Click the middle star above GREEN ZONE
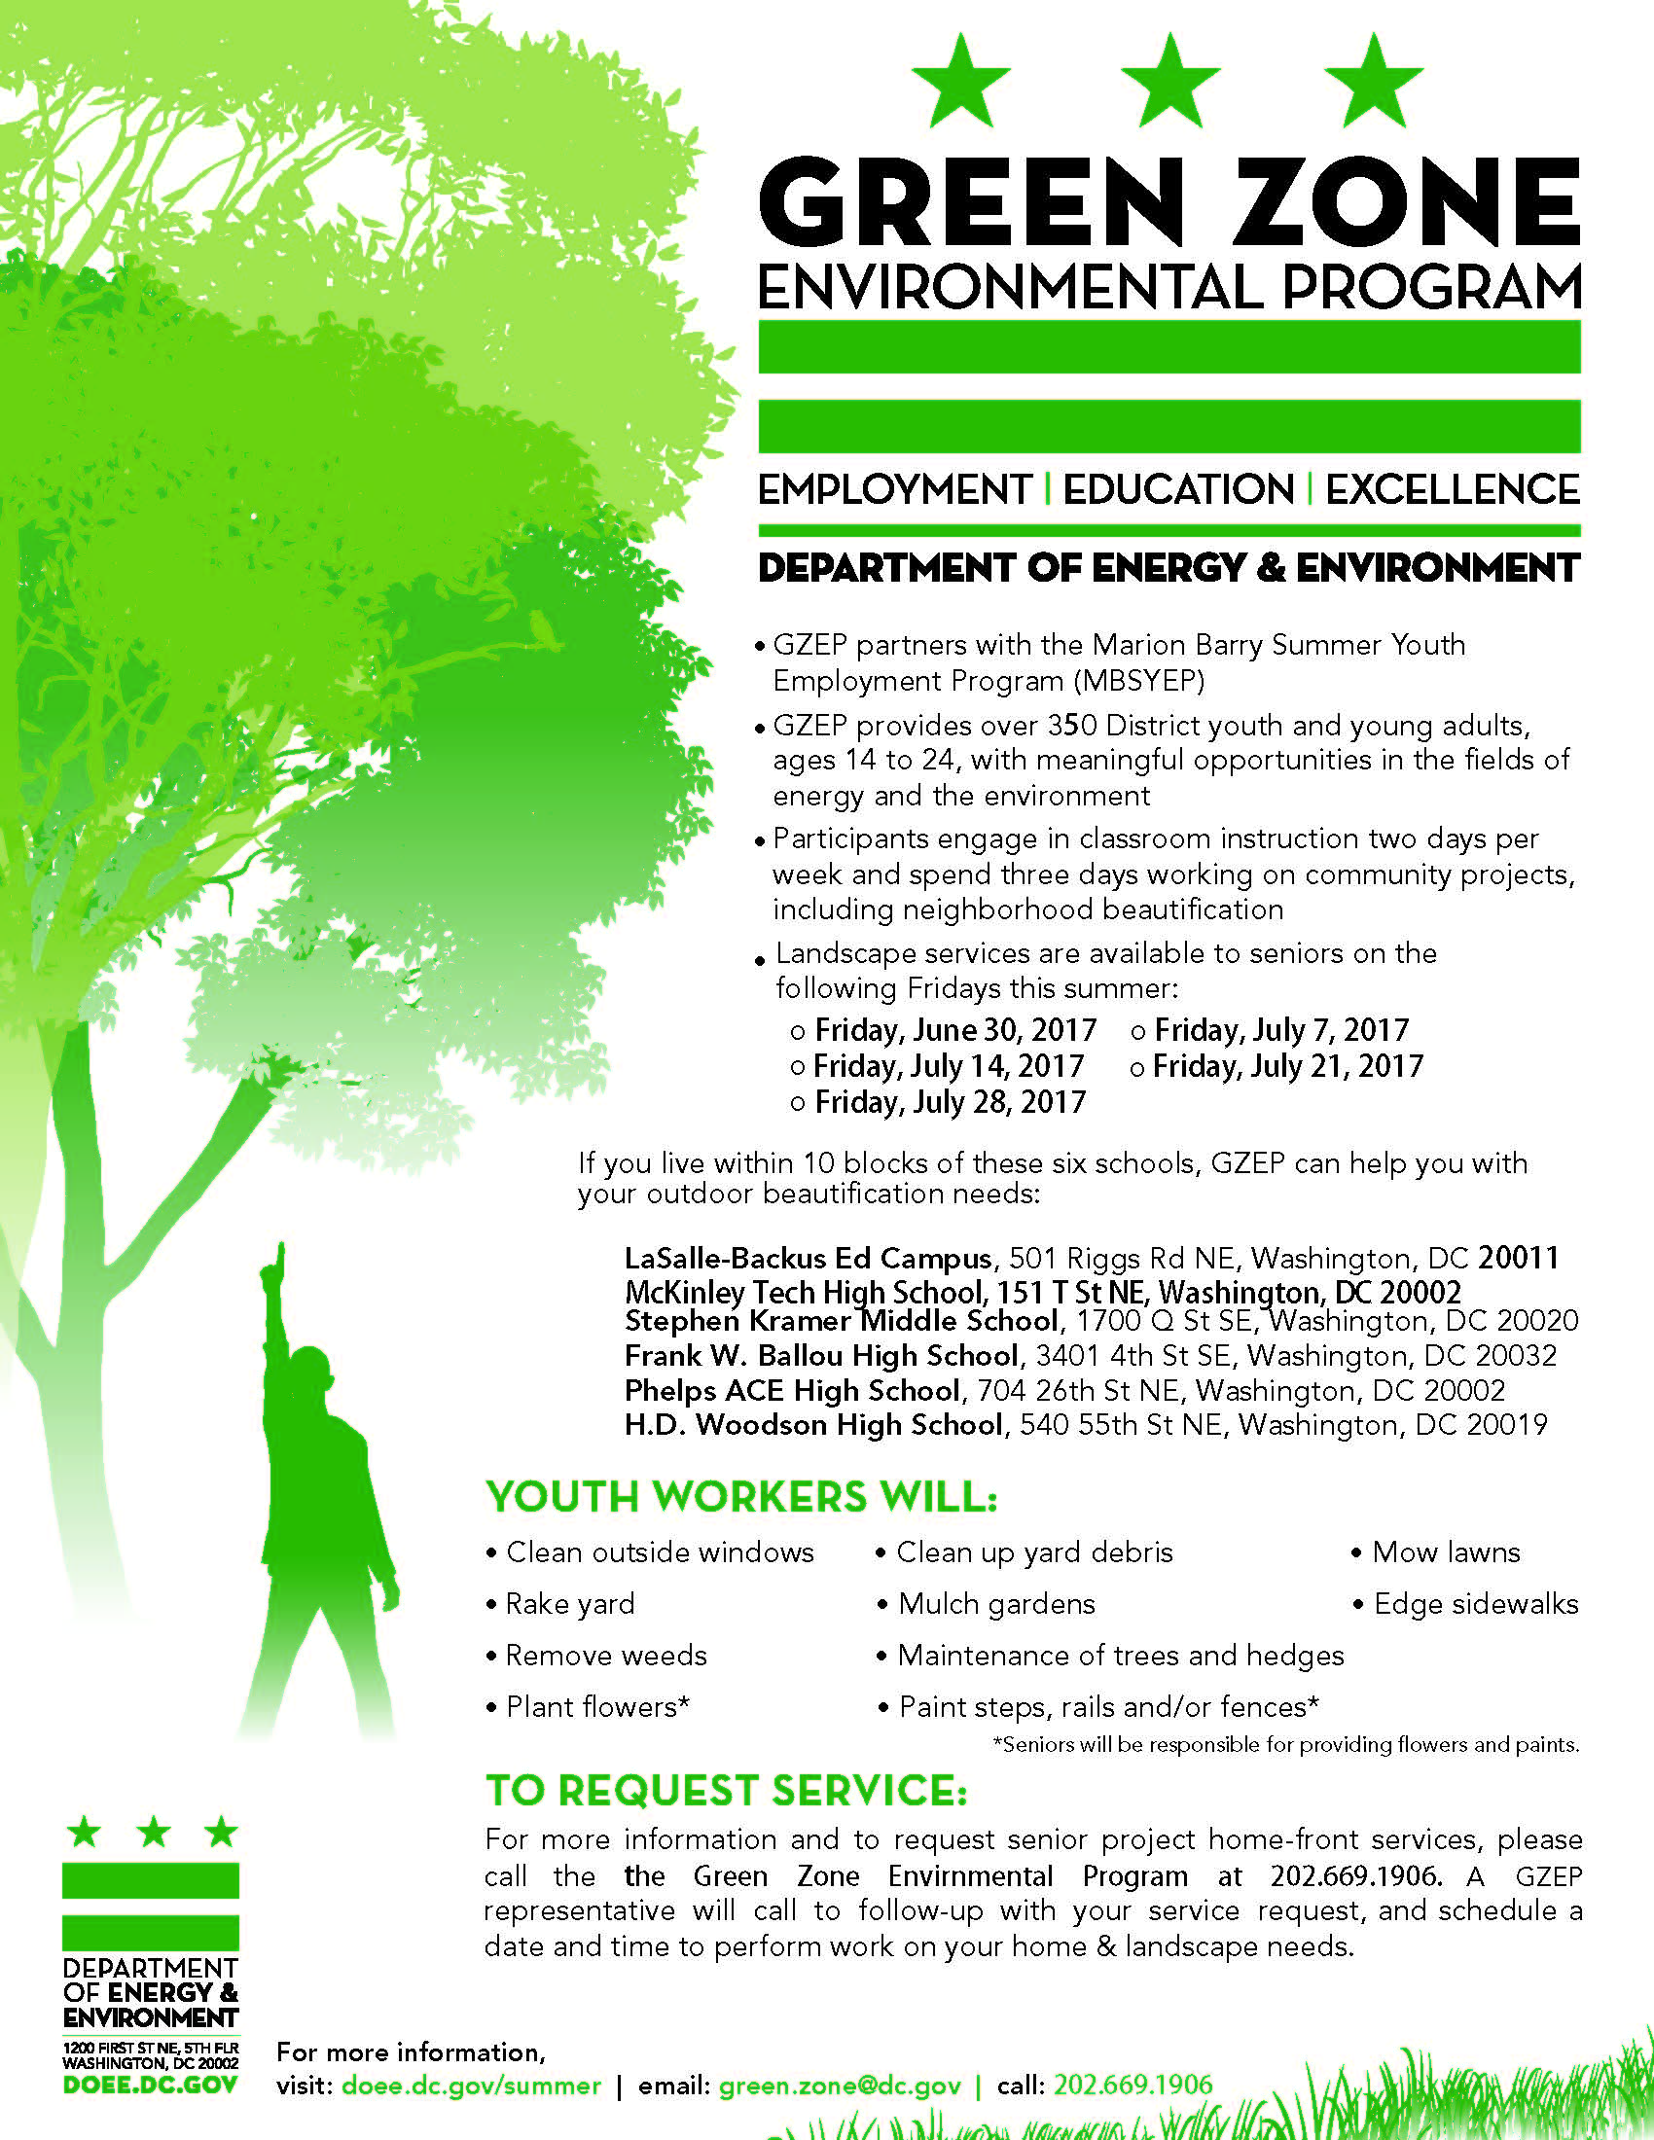[x=1169, y=83]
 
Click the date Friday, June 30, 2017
[x=955, y=1030]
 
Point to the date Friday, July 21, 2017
[x=1286, y=1066]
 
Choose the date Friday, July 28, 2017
[x=950, y=1102]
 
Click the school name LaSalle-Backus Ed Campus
[x=809, y=1258]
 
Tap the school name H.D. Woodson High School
[x=814, y=1425]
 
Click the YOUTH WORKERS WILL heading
[x=741, y=1497]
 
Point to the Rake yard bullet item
[x=569, y=1604]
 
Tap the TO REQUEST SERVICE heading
[x=726, y=1790]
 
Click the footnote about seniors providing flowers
[x=1285, y=1745]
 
